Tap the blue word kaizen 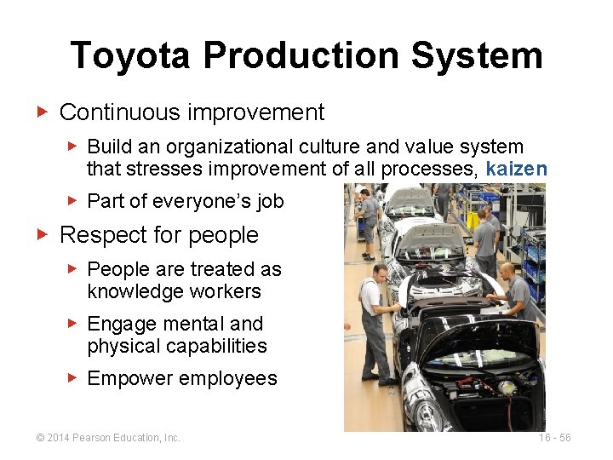click(516, 170)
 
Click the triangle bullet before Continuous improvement click(42, 112)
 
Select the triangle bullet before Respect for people click(42, 233)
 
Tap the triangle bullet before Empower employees click(73, 377)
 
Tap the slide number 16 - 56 click(554, 438)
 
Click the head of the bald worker click(507, 270)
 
